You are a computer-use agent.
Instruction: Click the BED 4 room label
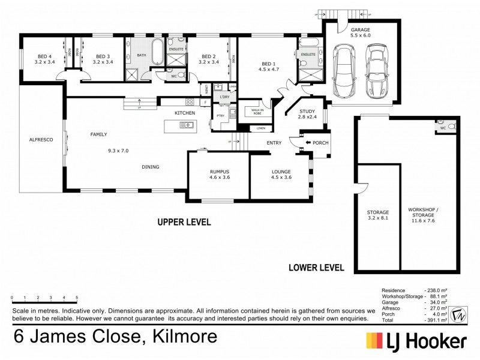(x=44, y=55)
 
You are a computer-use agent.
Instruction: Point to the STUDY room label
(x=307, y=110)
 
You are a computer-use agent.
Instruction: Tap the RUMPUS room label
(x=219, y=171)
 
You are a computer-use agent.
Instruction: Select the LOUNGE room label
(x=281, y=171)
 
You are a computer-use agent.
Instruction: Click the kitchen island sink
(x=186, y=125)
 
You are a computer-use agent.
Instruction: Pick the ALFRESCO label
(x=41, y=139)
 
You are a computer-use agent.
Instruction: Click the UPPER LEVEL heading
(x=184, y=222)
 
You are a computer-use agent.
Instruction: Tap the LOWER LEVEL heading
(x=316, y=268)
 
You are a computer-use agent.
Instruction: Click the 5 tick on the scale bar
(x=77, y=298)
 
